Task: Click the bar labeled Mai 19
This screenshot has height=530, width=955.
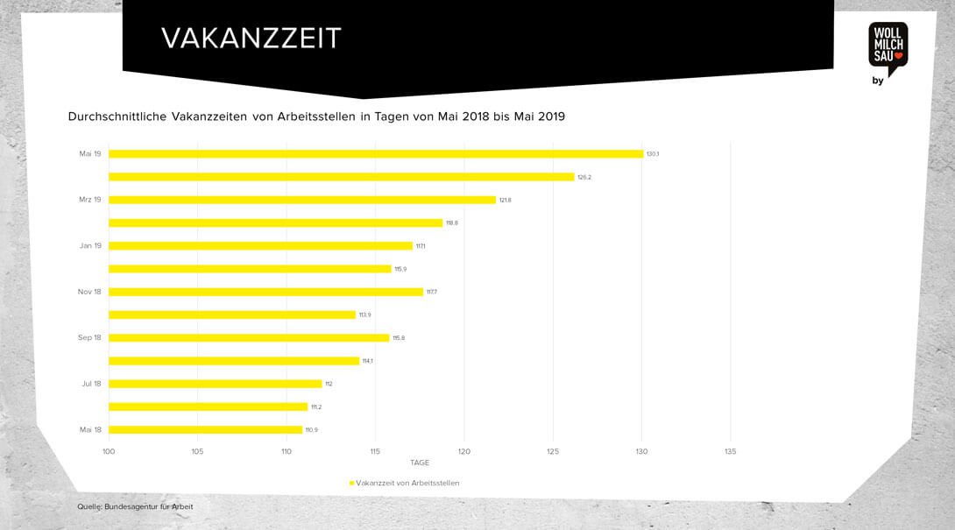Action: pyautogui.click(x=375, y=154)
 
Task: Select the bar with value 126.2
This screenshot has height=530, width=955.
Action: pyautogui.click(x=341, y=177)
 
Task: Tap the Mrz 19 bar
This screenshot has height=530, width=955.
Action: pyautogui.click(x=301, y=200)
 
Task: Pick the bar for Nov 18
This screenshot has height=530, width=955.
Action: pyautogui.click(x=265, y=292)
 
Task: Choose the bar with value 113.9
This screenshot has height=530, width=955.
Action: pyautogui.click(x=231, y=314)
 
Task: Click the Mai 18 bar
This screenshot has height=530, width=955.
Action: pyautogui.click(x=205, y=429)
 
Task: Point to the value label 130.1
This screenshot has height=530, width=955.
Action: pyautogui.click(x=653, y=154)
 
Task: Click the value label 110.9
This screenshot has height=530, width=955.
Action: pyautogui.click(x=312, y=429)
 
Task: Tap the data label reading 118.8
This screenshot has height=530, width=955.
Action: pyautogui.click(x=452, y=223)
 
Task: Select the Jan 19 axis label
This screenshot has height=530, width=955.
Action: pyautogui.click(x=91, y=246)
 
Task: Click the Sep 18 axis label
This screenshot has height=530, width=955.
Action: pyautogui.click(x=90, y=337)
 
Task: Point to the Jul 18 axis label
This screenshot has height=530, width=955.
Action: pyautogui.click(x=91, y=384)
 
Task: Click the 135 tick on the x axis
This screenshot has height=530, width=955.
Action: pyautogui.click(x=730, y=452)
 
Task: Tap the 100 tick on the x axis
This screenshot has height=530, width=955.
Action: pyautogui.click(x=109, y=452)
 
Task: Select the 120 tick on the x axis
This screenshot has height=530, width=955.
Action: pyautogui.click(x=463, y=452)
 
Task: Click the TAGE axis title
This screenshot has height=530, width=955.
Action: pyautogui.click(x=420, y=463)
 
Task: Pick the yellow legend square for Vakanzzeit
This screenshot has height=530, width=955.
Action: pyautogui.click(x=351, y=483)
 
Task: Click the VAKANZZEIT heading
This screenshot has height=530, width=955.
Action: pyautogui.click(x=251, y=39)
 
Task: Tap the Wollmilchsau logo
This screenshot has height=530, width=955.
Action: pyautogui.click(x=888, y=47)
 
